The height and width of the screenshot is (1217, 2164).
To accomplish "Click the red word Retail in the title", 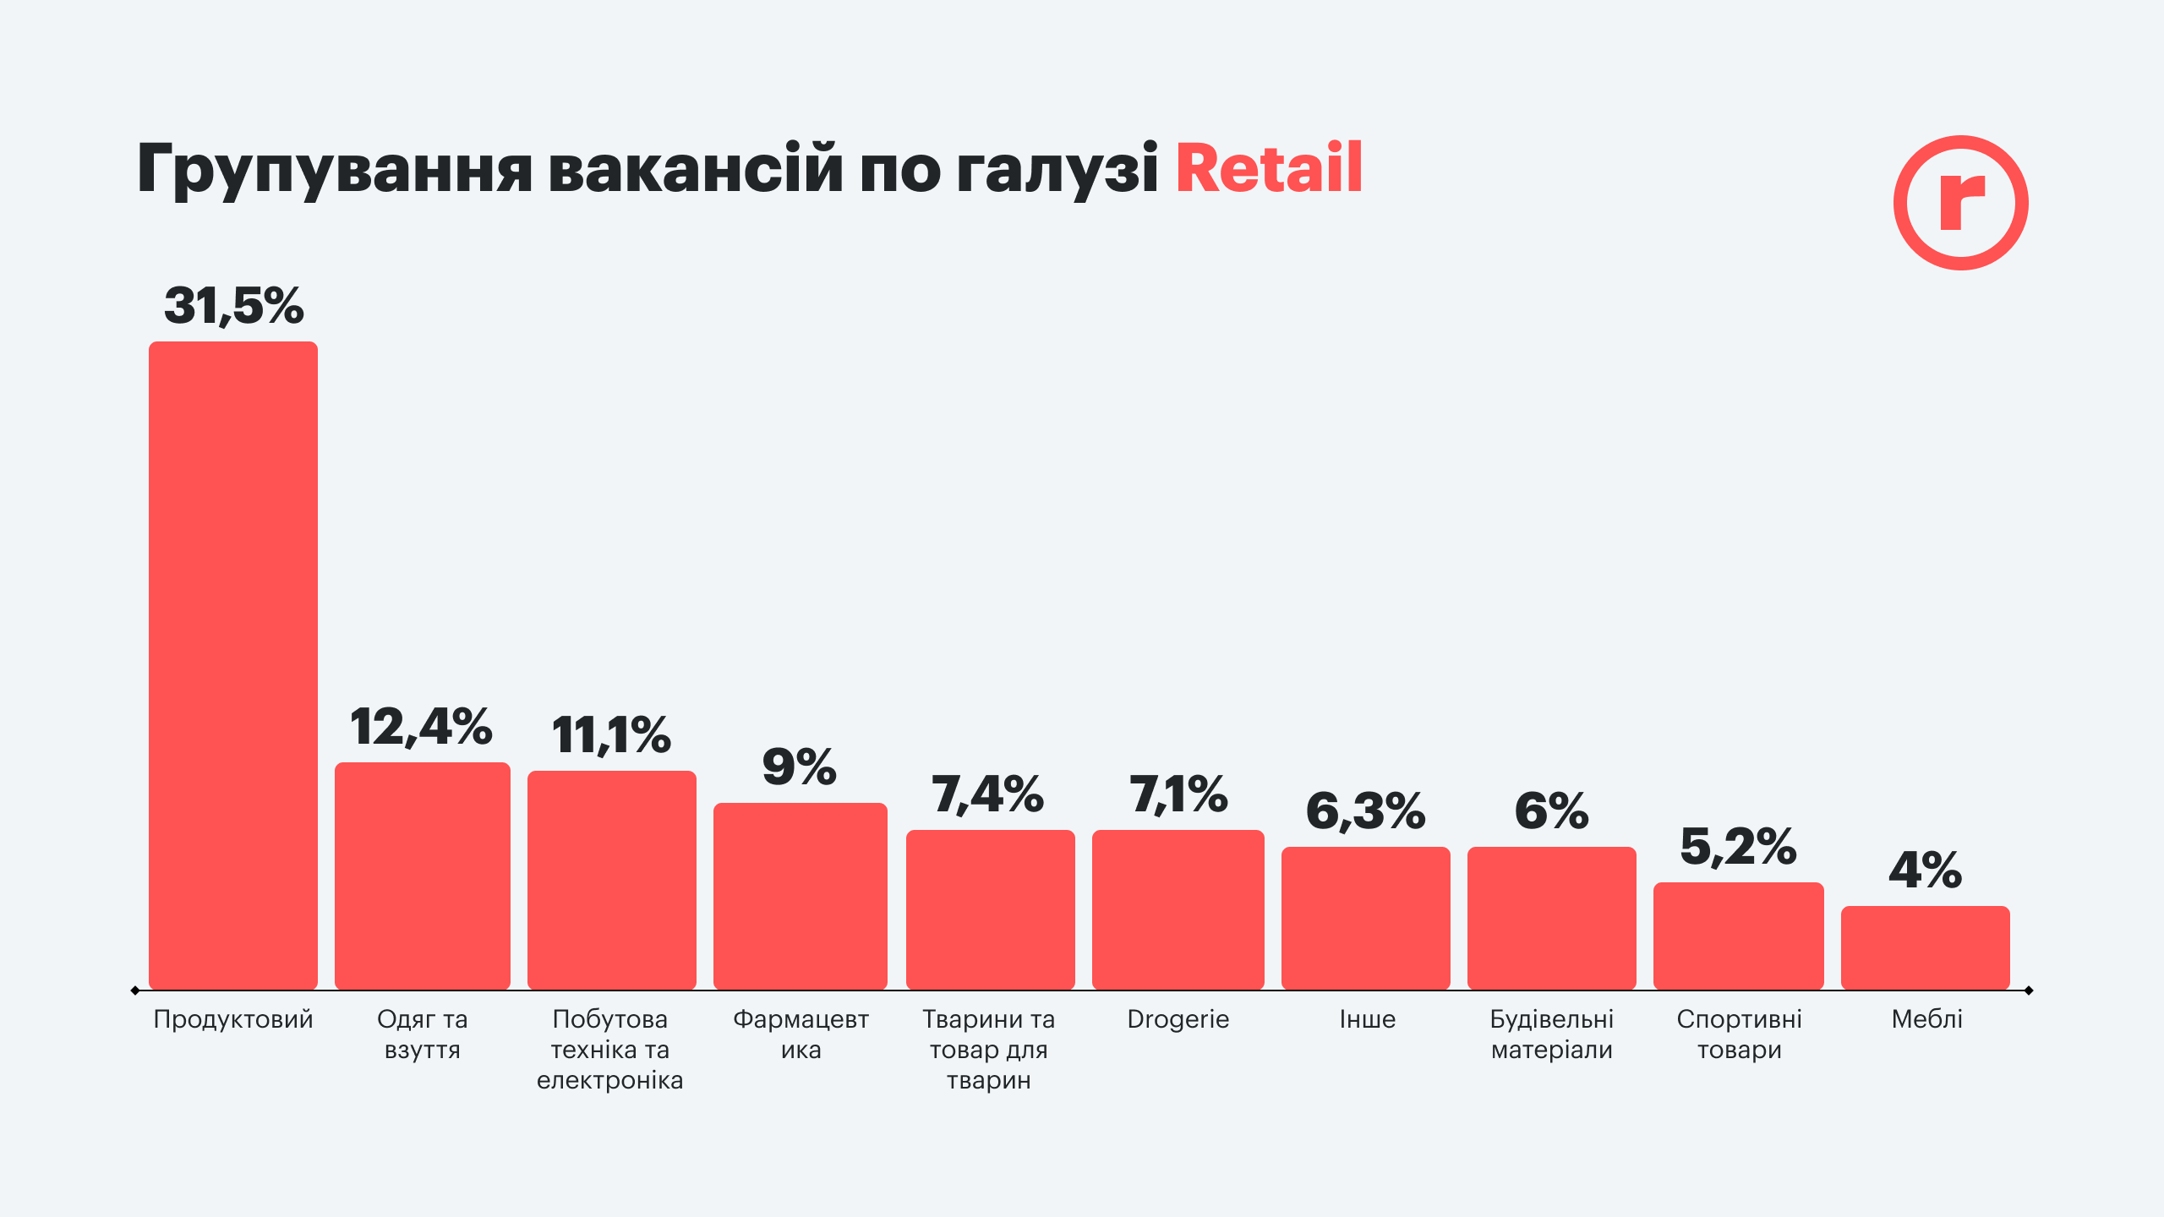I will [1268, 169].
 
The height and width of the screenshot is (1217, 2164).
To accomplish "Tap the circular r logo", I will [1960, 203].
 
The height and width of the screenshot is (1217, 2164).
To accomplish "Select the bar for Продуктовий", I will [233, 665].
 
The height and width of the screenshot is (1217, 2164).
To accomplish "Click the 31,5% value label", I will [233, 305].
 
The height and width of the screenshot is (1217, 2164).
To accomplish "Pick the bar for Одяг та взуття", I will [423, 876].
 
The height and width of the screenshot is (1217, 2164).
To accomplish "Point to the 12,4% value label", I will [421, 727].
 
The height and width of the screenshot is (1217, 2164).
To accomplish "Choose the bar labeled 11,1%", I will [612, 880].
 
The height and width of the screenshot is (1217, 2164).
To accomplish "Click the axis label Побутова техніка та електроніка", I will [610, 1049].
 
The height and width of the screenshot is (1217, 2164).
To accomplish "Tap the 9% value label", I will [800, 767].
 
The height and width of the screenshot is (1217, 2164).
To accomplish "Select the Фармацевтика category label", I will [801, 1034].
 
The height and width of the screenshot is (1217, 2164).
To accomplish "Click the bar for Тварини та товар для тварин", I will [991, 909].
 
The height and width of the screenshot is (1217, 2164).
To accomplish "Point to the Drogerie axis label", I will [1178, 1019].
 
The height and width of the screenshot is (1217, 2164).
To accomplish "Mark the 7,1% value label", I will [1178, 795].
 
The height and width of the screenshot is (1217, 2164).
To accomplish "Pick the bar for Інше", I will [1366, 918].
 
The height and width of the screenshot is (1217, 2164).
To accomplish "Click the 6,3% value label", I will [1366, 811].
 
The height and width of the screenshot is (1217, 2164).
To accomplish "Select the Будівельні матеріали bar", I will [1552, 918].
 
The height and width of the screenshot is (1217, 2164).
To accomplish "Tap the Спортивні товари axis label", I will [1740, 1034].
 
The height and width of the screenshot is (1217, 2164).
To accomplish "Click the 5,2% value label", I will [1738, 847].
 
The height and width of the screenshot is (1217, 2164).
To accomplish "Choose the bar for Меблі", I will [1926, 947].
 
